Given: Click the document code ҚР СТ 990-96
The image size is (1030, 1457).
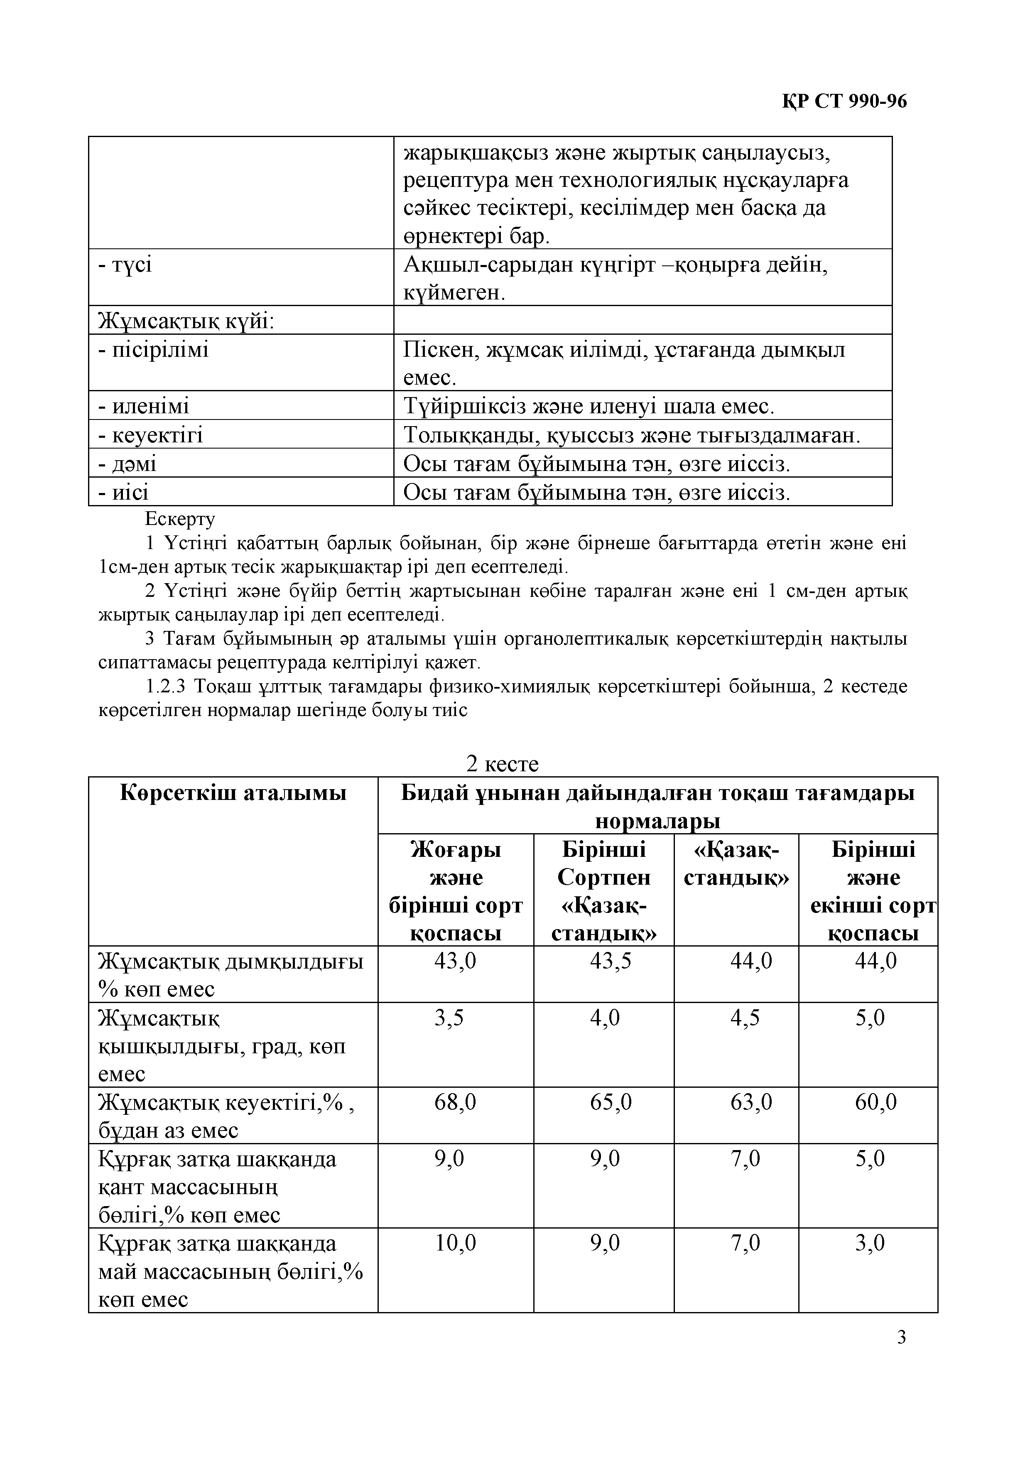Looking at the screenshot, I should pos(844,101).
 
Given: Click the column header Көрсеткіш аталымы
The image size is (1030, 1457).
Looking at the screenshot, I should pos(233,793).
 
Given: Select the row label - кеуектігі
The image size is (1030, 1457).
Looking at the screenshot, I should pos(150,435).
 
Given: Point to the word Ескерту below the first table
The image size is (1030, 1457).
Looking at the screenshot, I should pos(180,519).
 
